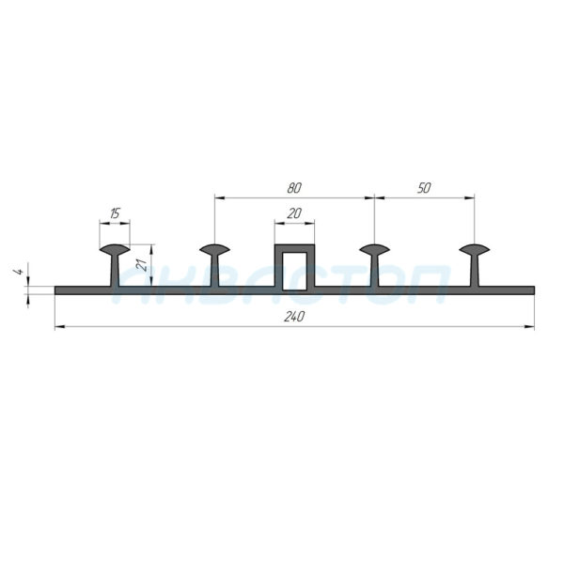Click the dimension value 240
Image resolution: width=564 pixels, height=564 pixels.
pos(294,317)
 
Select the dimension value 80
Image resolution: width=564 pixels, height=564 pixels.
pos(294,188)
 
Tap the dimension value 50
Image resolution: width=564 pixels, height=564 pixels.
pos(424,188)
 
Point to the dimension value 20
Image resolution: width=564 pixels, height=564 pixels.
pos(294,213)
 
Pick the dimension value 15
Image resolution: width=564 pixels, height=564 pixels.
pos(115,213)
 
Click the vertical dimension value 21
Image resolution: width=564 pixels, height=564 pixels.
pos(143,265)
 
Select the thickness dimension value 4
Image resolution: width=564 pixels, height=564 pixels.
pos(20,272)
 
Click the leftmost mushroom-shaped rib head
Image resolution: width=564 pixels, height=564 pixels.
pos(115,249)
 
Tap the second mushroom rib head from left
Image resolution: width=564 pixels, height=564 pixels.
pos(214,249)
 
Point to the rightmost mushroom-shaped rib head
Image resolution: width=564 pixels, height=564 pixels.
pos(475,249)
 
